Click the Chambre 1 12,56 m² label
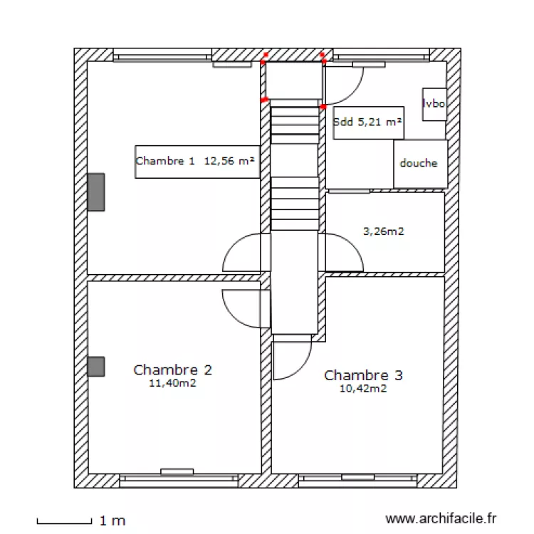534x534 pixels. point(197,162)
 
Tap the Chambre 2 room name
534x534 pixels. point(172,370)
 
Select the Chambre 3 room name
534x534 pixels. point(363,375)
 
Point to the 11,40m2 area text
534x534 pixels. point(172,383)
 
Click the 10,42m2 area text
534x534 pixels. point(364,389)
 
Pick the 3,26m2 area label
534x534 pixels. point(384,231)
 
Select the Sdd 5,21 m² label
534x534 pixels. point(368,122)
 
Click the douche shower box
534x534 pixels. point(420,164)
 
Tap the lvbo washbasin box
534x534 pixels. point(434,104)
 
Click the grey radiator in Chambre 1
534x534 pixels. point(96,192)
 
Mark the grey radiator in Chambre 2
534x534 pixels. point(96,367)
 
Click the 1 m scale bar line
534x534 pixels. point(65,522)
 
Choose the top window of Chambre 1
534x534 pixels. point(163,56)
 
